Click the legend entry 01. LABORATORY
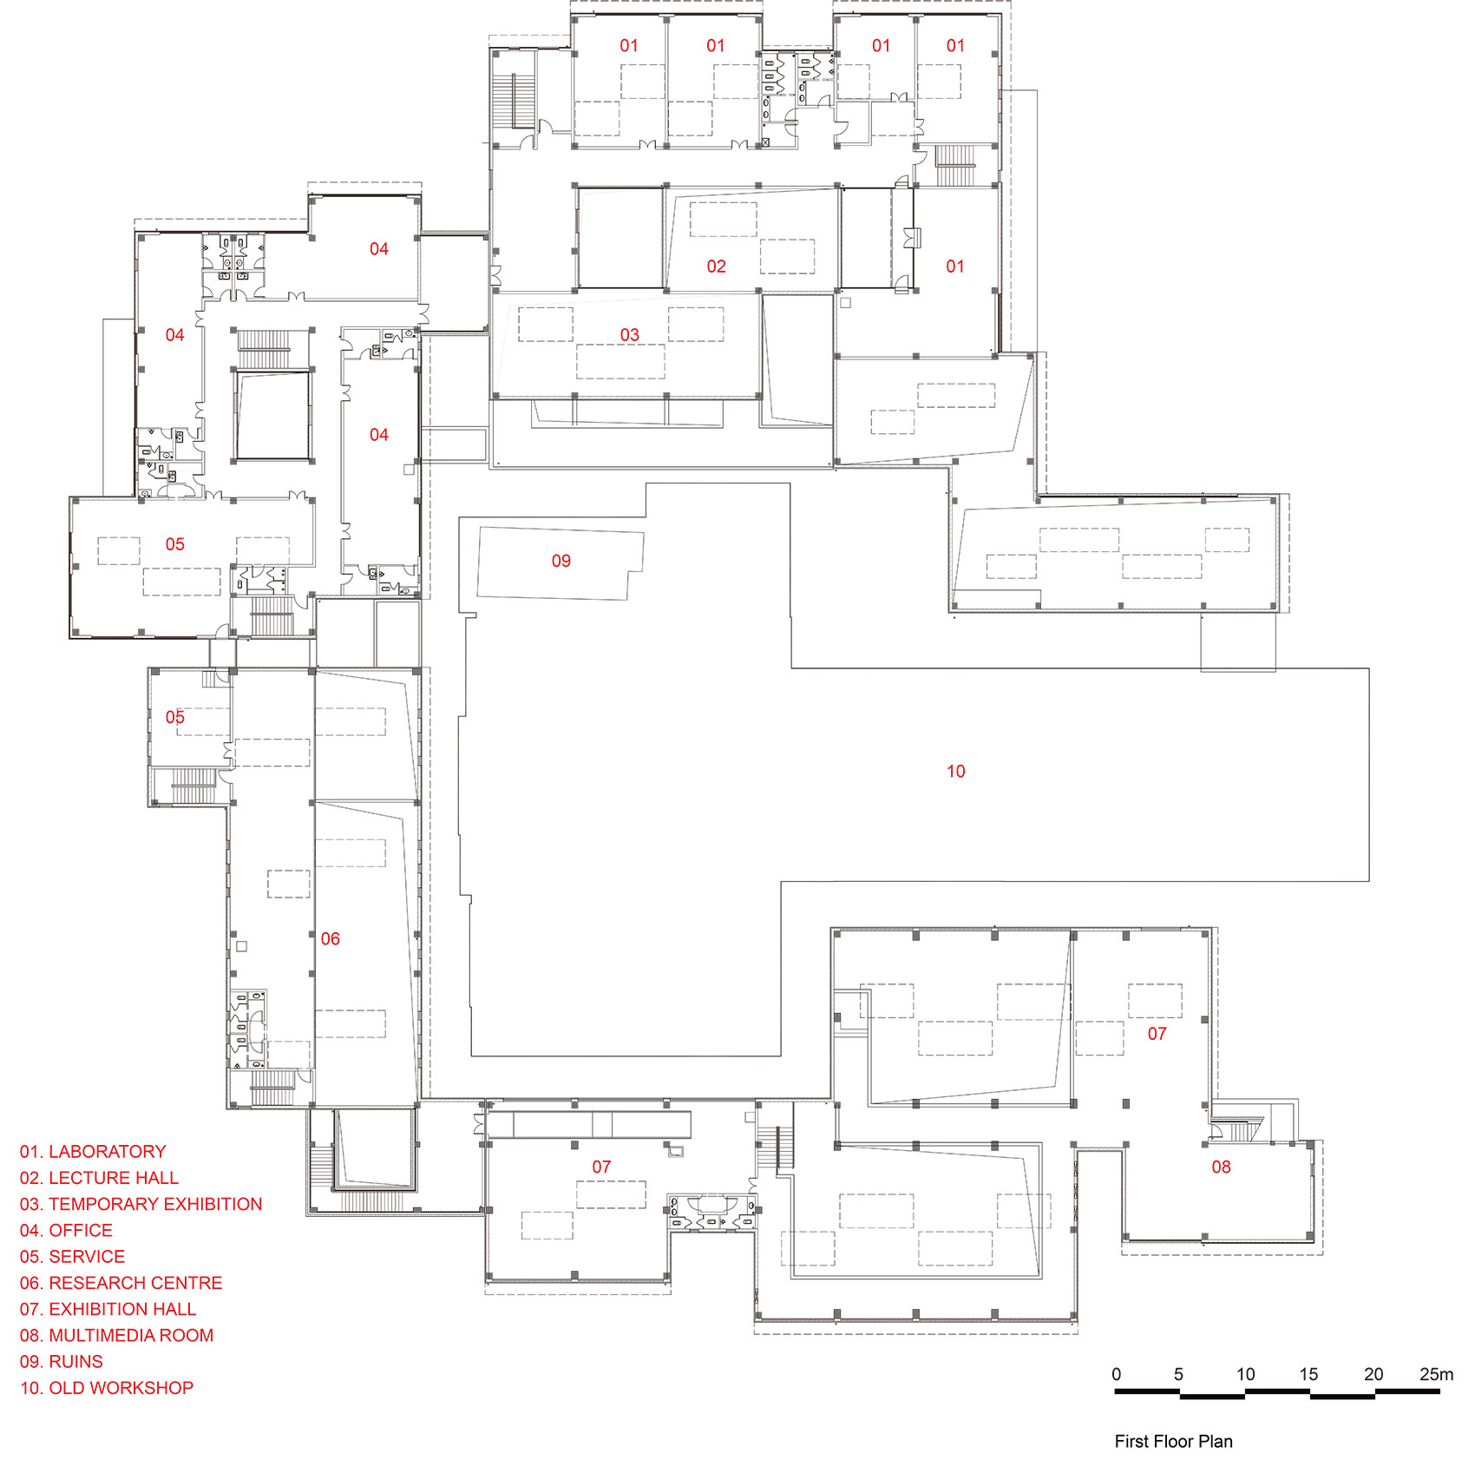click(93, 1152)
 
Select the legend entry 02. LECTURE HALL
click(99, 1178)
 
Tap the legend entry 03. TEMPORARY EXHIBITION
click(141, 1204)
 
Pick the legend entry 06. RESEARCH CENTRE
click(121, 1283)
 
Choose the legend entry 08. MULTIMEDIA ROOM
click(116, 1335)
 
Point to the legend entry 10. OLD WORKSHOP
click(107, 1388)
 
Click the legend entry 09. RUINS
click(62, 1362)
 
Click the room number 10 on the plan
click(955, 772)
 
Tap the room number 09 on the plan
click(561, 562)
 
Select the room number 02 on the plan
click(716, 266)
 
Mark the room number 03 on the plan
click(629, 335)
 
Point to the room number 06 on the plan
click(331, 939)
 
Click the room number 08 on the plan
click(1221, 1167)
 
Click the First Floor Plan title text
click(1173, 1442)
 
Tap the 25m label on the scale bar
click(1436, 1374)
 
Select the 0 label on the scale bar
click(1117, 1374)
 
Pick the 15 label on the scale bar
click(1308, 1374)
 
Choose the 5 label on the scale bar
click(1178, 1374)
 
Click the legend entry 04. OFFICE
click(66, 1231)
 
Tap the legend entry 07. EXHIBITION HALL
click(108, 1309)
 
